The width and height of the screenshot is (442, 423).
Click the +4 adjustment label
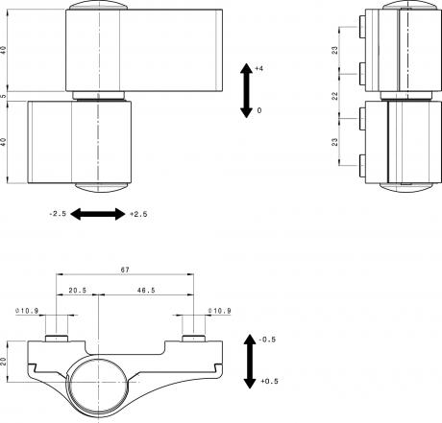coord(259,68)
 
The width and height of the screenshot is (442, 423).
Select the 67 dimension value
coord(125,270)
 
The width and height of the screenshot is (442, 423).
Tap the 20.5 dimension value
coord(78,291)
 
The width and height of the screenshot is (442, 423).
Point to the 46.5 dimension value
coord(146,291)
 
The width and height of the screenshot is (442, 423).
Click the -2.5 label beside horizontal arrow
coord(58,214)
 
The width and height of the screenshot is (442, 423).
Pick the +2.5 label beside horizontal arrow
coord(138,214)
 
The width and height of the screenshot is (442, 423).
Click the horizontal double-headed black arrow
coord(98,214)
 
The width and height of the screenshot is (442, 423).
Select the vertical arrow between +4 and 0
coord(246,90)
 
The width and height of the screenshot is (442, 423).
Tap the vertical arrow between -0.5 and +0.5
coord(250,362)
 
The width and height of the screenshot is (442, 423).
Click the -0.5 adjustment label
coord(267,340)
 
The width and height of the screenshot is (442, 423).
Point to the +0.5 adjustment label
coord(269,381)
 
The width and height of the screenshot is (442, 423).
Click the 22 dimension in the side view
coord(334,96)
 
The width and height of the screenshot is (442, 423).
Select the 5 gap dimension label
coord(3,96)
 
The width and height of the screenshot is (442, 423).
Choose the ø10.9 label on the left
coord(27,311)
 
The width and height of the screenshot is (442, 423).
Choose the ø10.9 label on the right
coord(220,311)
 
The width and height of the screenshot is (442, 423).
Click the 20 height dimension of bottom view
coord(3,362)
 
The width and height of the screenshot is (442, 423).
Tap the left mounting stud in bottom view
coord(57,339)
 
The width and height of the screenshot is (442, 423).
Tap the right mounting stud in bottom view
coord(193,339)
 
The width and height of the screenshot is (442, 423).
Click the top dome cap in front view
coord(98,6)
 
